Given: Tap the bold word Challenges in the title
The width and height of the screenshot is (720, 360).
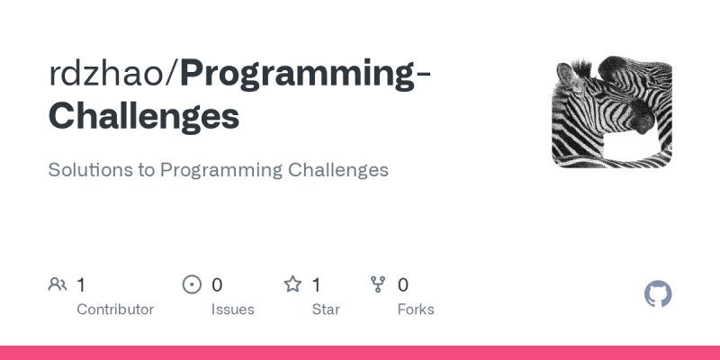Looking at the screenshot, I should point(144,117).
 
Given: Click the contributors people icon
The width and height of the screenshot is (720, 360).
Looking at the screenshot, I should point(58,285).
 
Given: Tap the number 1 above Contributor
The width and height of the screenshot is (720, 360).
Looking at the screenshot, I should point(81,285).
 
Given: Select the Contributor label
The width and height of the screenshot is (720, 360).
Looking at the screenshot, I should point(115,310).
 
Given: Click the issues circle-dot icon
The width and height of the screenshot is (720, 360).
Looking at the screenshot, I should point(192,285).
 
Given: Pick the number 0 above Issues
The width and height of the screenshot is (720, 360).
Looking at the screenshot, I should point(217,285).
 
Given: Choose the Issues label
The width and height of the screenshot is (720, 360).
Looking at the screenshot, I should point(231,310).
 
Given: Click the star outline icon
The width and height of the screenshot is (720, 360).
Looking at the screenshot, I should point(292,285).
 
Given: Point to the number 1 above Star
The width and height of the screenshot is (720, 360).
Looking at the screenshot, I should point(316,285).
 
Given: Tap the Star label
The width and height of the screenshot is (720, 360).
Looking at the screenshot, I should point(325,310).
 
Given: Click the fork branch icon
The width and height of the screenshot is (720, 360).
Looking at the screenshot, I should point(379,285).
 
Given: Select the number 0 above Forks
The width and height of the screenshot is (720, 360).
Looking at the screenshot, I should point(403,285).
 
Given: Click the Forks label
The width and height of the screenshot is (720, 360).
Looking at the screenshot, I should point(416,310).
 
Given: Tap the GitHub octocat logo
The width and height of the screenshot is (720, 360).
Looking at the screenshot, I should point(659,294).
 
